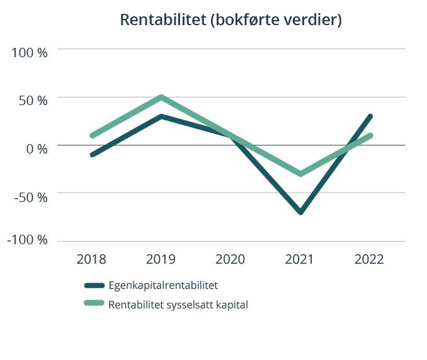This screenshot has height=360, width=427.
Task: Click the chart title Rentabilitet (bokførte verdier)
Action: [x=231, y=20]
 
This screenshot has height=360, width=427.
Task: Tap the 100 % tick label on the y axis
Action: [x=30, y=53]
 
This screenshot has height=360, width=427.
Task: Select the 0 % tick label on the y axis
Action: [x=37, y=149]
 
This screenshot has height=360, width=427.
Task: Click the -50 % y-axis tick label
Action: [x=30, y=197]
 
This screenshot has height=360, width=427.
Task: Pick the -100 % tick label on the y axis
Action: [x=27, y=240]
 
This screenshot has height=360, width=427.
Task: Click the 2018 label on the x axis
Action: [x=91, y=259]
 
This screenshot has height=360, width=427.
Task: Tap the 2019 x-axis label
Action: [x=161, y=259]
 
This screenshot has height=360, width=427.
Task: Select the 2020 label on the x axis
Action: [x=231, y=259]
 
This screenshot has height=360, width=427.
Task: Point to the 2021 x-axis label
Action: [x=300, y=259]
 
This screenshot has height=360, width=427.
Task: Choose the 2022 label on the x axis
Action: [x=369, y=259]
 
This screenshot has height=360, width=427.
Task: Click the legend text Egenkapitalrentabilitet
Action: [x=163, y=285]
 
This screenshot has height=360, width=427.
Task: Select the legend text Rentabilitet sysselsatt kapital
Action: [x=178, y=305]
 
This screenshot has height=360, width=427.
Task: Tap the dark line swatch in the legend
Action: [x=94, y=286]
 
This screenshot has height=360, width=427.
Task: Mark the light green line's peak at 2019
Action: [x=162, y=98]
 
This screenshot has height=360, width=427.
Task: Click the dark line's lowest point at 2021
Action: [x=301, y=212]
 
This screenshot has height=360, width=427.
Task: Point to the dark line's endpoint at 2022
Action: [x=370, y=116]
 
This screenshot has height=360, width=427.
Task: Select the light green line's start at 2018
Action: [x=93, y=135]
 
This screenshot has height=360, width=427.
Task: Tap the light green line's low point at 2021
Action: [x=301, y=174]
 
